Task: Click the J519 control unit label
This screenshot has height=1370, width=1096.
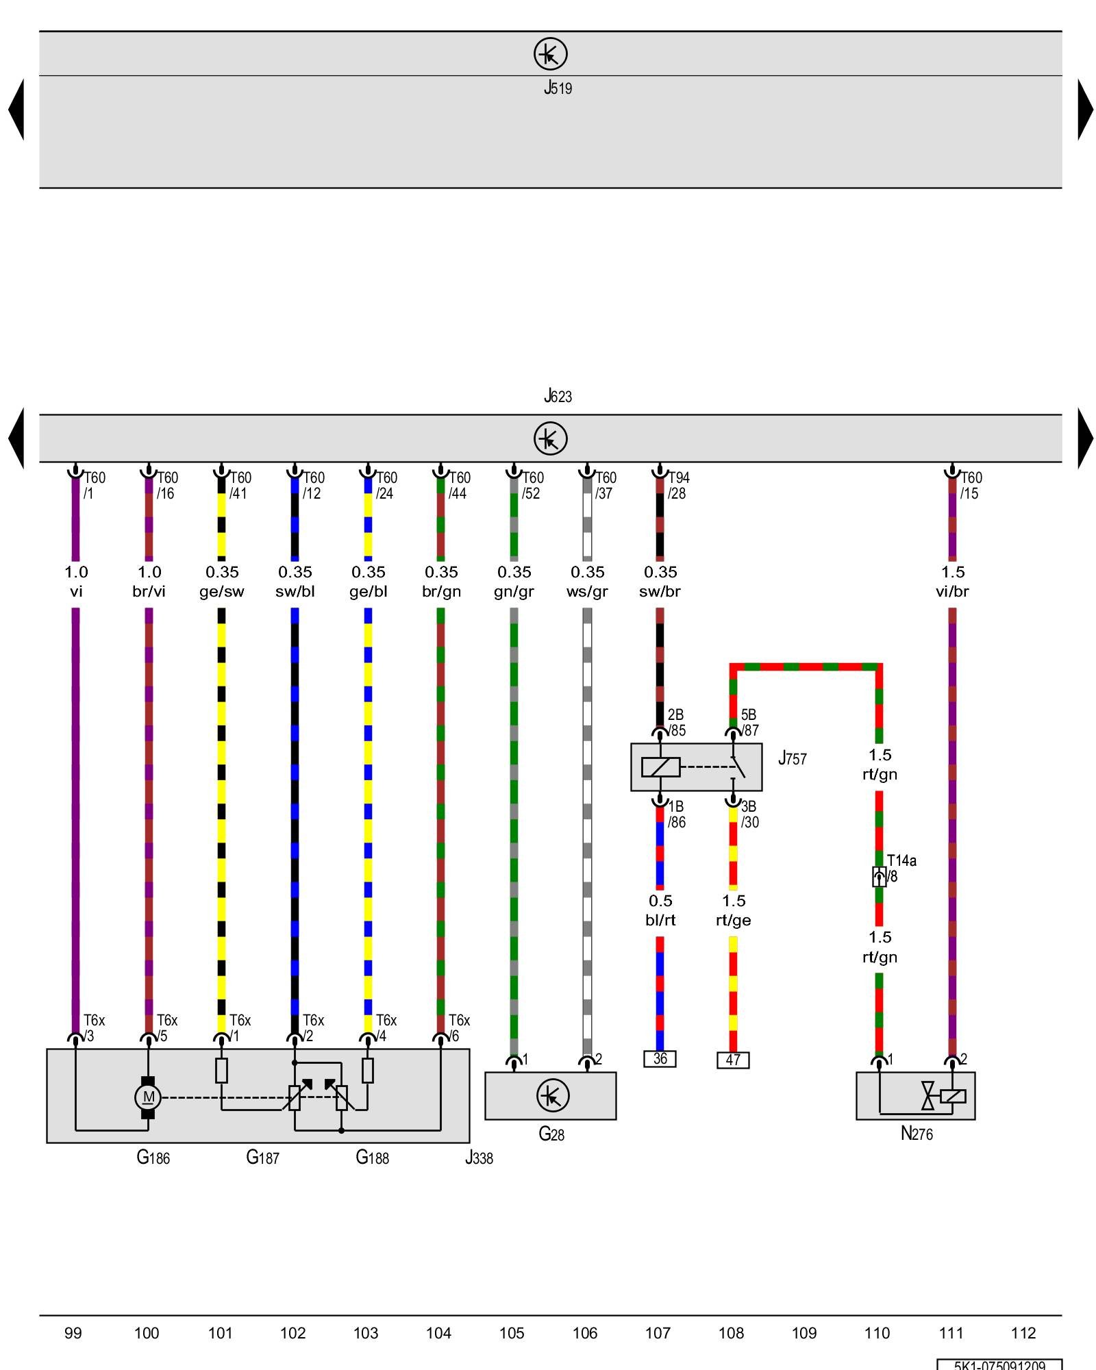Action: click(558, 88)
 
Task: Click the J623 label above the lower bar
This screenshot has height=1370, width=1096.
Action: click(558, 396)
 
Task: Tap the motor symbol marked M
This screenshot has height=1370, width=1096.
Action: click(148, 1097)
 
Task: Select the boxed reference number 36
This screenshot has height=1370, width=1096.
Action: click(660, 1059)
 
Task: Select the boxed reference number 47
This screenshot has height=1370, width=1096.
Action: click(733, 1060)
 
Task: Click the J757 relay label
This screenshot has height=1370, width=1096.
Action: click(793, 758)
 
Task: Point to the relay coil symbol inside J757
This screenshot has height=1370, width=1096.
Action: click(660, 767)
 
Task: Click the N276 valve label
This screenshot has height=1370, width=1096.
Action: click(917, 1134)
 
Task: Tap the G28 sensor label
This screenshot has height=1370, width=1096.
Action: click(551, 1134)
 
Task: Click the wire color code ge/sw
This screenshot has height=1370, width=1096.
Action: click(222, 591)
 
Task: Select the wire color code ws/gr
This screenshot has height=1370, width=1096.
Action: click(587, 591)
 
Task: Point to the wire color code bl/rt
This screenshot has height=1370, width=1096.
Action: click(660, 920)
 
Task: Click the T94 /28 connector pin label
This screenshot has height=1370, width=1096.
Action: click(678, 485)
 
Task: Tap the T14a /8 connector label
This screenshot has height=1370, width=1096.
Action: click(901, 868)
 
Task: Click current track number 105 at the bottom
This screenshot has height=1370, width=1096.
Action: click(512, 1333)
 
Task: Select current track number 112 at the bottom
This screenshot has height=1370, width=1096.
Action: click(1023, 1333)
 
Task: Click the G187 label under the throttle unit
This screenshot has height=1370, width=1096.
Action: click(262, 1157)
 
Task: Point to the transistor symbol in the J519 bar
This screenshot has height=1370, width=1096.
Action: click(551, 53)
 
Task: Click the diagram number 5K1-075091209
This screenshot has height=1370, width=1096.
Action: click(999, 1365)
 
